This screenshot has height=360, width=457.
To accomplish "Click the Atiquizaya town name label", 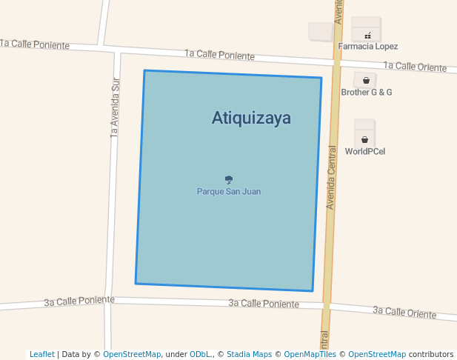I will click(x=251, y=118).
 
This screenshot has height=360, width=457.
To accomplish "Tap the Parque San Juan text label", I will click(x=228, y=191).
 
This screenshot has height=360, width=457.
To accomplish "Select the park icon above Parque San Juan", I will click(x=229, y=179).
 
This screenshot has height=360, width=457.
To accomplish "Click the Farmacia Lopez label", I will click(x=368, y=46).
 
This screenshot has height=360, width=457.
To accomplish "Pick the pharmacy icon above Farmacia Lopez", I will click(x=367, y=35).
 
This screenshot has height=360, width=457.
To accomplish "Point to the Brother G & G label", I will click(x=366, y=92).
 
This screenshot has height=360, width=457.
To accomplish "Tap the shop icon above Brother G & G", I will click(x=366, y=80).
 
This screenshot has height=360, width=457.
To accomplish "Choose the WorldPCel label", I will click(x=364, y=151).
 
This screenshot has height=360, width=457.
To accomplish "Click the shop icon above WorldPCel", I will click(x=365, y=139).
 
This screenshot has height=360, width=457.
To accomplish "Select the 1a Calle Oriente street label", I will click(x=415, y=67).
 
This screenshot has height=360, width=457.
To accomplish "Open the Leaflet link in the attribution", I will click(x=41, y=354).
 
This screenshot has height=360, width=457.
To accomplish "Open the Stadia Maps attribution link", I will click(x=249, y=354).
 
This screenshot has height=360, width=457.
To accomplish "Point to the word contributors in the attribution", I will click(x=431, y=354).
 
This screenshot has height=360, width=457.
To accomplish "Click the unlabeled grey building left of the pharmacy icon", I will click(x=320, y=31).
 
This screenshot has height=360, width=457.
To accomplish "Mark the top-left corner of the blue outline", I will click(x=144, y=71).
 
